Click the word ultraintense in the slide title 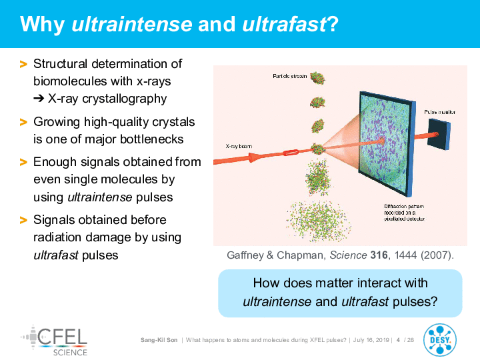(x=131, y=24)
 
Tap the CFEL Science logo (x=54, y=341)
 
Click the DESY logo (x=440, y=340)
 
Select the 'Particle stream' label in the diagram (x=289, y=76)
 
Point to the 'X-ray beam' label (x=239, y=146)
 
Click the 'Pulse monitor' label (x=439, y=112)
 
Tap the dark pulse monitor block (x=439, y=134)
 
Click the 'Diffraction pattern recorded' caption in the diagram (x=405, y=213)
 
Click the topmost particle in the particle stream (x=317, y=78)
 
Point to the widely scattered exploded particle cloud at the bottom (x=318, y=221)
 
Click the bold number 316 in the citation (x=379, y=255)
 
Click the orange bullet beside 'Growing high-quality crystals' (x=23, y=123)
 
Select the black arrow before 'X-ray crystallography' (x=39, y=99)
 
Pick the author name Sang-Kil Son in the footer (x=159, y=340)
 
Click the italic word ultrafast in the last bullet (x=56, y=255)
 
